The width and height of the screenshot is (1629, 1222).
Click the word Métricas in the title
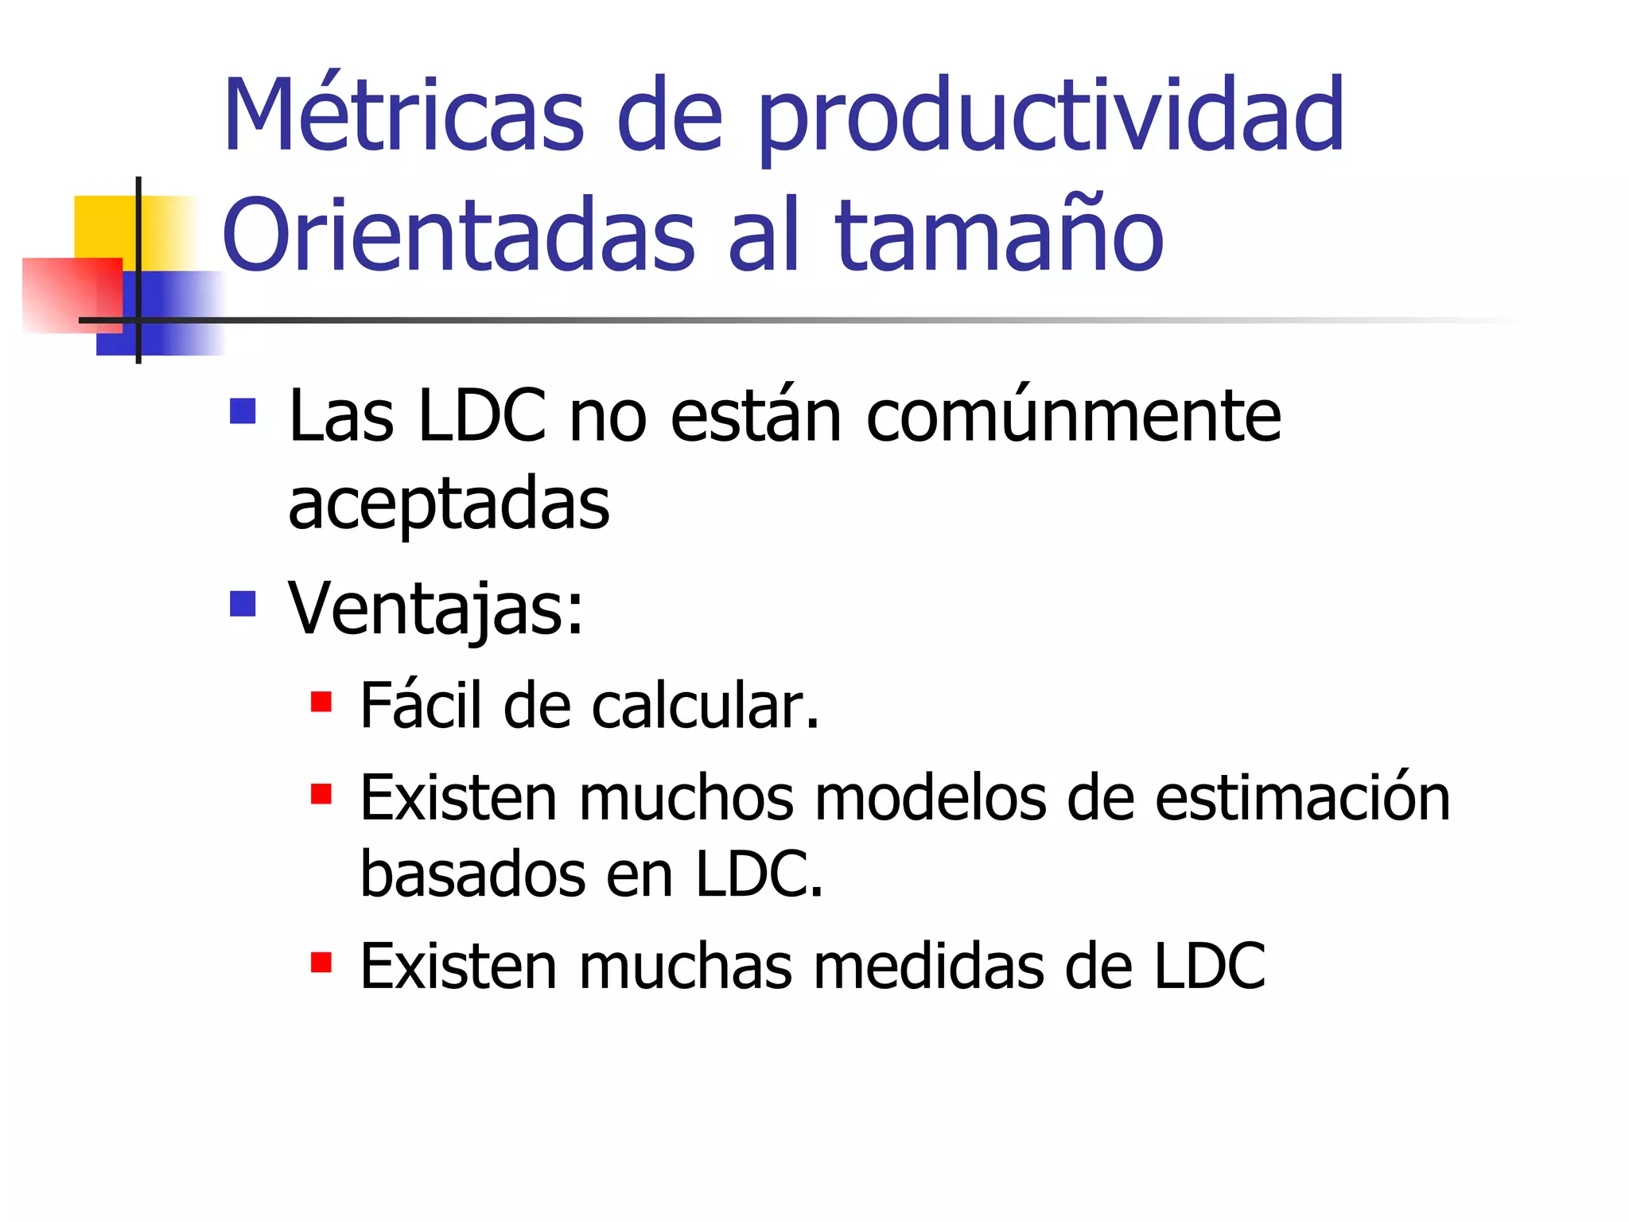pos(404,115)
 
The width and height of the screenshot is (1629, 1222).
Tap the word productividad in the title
pos(1050,119)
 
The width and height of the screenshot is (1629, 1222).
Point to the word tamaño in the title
pos(999,235)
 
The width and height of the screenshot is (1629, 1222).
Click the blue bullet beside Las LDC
pos(243,411)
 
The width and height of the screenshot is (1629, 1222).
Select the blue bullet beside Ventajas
pos(243,604)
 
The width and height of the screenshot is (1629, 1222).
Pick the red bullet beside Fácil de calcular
pos(321,702)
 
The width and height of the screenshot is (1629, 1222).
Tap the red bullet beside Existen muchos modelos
pos(321,794)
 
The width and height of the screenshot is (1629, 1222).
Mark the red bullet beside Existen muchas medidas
pos(321,963)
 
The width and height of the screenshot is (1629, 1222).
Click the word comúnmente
pos(1073,417)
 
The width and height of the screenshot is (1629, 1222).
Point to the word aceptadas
pos(449,504)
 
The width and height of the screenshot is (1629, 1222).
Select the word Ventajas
pos(435,609)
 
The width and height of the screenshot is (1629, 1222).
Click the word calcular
pos(705,706)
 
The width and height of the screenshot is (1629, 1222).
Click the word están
pos(756,417)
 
